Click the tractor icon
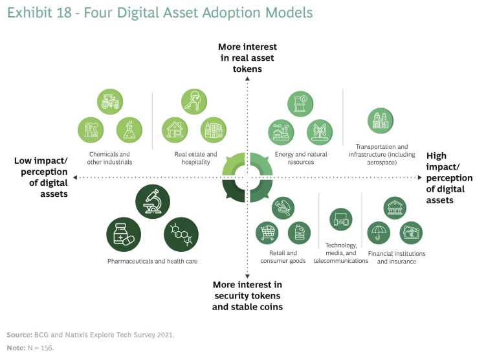click(x=109, y=102)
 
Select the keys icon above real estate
click(x=193, y=102)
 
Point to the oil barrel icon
click(x=300, y=104)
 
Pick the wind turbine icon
click(x=319, y=132)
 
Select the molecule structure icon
click(x=181, y=234)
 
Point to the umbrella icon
click(x=379, y=232)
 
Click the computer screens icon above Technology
click(x=340, y=220)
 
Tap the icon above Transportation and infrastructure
click(x=379, y=120)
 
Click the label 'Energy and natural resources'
click(x=301, y=158)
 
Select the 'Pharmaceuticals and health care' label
click(x=152, y=261)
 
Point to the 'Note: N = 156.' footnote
click(x=30, y=348)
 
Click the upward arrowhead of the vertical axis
click(x=247, y=78)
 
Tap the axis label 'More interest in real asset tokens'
click(x=247, y=57)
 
